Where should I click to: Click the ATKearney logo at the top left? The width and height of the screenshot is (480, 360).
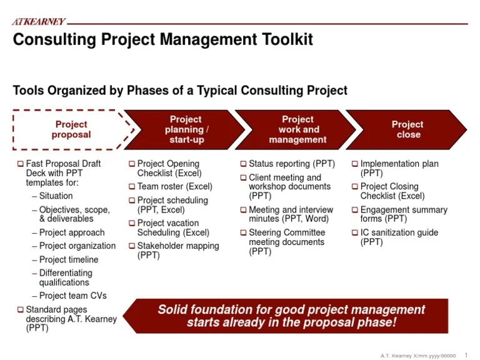click(39, 22)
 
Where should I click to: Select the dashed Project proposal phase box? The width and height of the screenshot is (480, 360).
click(71, 129)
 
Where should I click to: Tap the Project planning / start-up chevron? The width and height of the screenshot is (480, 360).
click(186, 129)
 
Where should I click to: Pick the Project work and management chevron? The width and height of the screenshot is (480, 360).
click(297, 129)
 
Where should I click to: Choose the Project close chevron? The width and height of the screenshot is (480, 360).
click(407, 129)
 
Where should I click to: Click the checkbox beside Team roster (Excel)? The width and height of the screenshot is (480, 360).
click(132, 187)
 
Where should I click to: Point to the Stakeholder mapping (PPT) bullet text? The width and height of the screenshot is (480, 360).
click(177, 251)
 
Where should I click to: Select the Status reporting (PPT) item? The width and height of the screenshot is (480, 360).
click(291, 164)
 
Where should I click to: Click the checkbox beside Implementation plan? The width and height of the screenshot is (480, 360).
click(355, 164)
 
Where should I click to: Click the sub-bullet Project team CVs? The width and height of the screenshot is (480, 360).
click(72, 296)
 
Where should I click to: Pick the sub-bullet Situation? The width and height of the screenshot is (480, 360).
click(56, 196)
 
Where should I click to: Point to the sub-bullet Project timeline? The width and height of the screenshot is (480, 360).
click(69, 259)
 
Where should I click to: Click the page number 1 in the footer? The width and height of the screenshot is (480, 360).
click(466, 355)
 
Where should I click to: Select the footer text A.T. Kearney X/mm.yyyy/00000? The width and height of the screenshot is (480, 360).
click(418, 355)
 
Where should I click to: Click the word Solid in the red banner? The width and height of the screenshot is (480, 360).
click(173, 310)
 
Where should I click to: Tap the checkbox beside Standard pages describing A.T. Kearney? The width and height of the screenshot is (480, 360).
click(21, 310)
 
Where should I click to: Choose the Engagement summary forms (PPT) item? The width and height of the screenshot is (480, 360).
click(403, 214)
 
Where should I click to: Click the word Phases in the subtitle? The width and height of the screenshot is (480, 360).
click(155, 91)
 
